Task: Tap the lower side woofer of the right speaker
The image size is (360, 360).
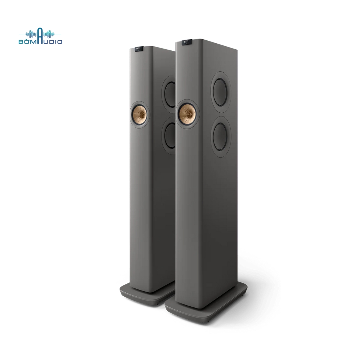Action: (221, 135)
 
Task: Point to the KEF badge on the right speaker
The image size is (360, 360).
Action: (186, 42)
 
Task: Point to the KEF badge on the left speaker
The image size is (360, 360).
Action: (139, 49)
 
